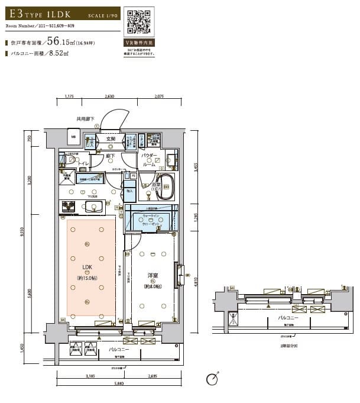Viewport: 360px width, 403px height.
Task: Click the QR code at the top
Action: click(139, 22)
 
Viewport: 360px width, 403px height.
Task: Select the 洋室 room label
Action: click(153, 275)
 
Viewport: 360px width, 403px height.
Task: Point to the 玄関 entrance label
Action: click(111, 139)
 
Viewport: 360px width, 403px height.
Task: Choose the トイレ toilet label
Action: click(83, 163)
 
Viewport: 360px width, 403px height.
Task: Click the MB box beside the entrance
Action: click(74, 137)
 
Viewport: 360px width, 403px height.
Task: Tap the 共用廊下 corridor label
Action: click(86, 118)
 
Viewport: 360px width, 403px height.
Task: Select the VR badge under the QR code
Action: click(139, 43)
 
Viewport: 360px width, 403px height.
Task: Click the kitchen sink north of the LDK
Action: click(93, 207)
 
